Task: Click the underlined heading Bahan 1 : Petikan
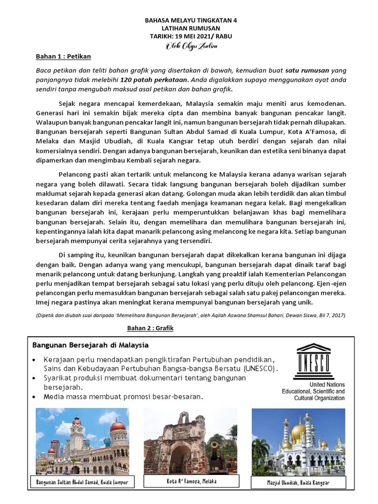pos(63,57)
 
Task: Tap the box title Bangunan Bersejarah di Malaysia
pos(90,345)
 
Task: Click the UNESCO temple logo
pos(313,362)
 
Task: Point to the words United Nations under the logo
pos(327,384)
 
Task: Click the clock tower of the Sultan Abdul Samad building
pos(77,433)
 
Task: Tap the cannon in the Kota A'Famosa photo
pos(215,449)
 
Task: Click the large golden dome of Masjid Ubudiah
pos(298,432)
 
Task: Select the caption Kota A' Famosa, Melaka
pos(191,481)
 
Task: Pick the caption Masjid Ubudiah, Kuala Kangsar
pos(298,483)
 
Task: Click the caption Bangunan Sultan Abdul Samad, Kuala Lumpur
pos(82,482)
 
